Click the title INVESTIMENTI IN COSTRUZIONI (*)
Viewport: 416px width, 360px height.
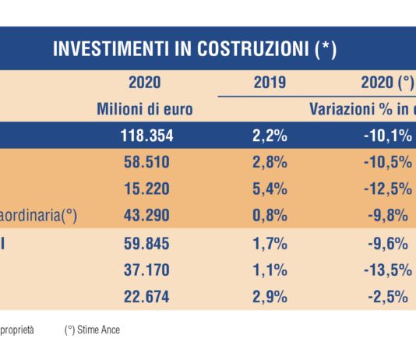click(194, 48)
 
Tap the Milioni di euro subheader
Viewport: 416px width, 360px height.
click(144, 109)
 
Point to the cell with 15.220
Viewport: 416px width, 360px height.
click(147, 189)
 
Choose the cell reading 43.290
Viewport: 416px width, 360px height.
click(147, 215)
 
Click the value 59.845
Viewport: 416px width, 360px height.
click(147, 242)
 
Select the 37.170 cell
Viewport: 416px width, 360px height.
click(147, 269)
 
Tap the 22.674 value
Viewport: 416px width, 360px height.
click(147, 295)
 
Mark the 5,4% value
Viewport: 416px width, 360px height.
click(270, 189)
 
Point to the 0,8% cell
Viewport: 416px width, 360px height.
click(270, 215)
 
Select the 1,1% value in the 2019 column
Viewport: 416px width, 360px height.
click(270, 269)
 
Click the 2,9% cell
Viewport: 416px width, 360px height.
click(270, 295)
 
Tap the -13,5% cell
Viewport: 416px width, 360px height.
click(387, 269)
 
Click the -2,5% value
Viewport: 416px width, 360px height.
click(387, 295)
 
